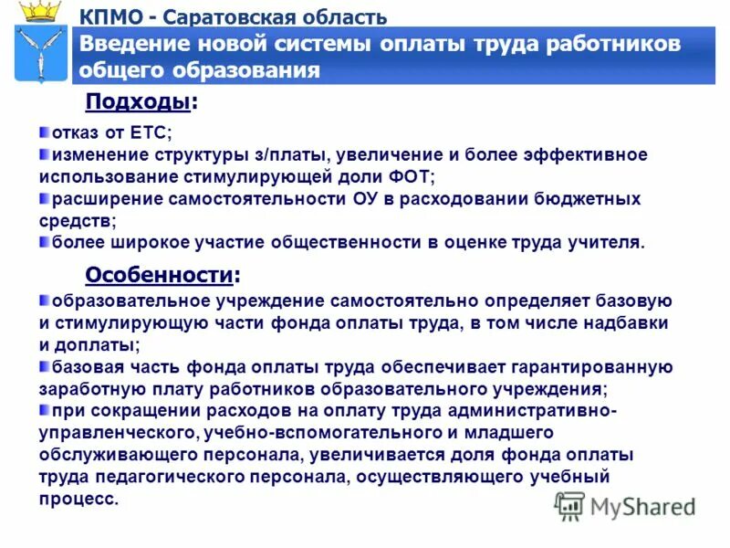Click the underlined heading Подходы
138,102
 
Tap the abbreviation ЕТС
151,133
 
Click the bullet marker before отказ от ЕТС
44,132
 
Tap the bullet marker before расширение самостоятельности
44,198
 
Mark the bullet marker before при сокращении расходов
44,410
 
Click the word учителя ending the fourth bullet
610,242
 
